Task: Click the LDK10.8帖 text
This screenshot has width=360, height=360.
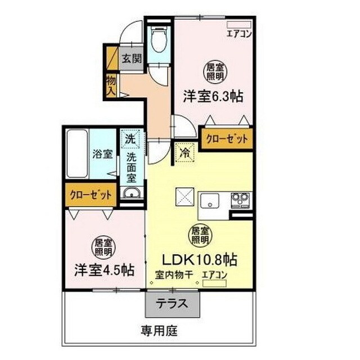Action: pyautogui.click(x=200, y=260)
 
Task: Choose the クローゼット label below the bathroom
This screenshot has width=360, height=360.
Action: pyautogui.click(x=91, y=195)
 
